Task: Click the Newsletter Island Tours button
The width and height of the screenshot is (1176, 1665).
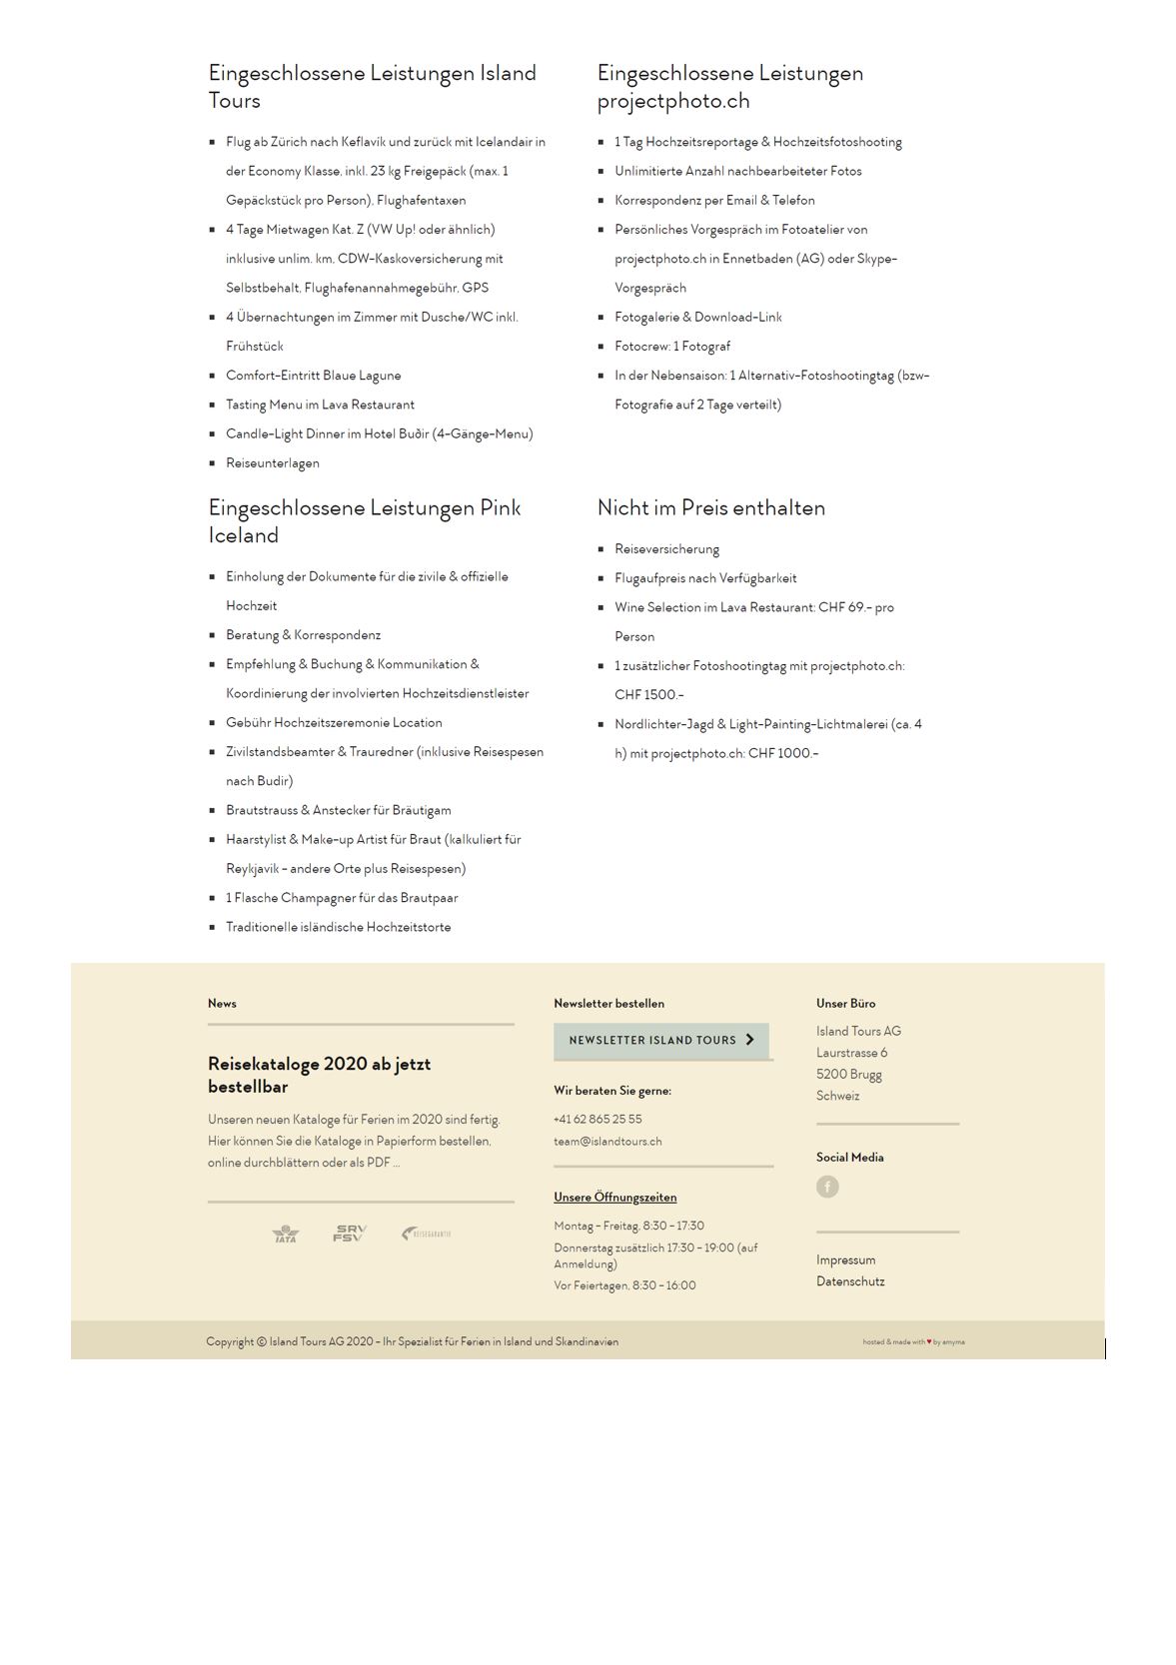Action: [x=661, y=1040]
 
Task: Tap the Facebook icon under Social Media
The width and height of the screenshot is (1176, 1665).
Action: [x=827, y=1187]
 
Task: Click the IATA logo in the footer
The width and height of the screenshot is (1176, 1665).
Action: [x=286, y=1235]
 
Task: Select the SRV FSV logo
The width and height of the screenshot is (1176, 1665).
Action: [x=350, y=1234]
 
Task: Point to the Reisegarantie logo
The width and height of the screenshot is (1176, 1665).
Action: [x=427, y=1234]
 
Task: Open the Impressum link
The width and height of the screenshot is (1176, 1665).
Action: [x=845, y=1260]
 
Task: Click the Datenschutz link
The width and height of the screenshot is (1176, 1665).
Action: [x=850, y=1281]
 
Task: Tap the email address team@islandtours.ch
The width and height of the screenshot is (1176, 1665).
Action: [x=607, y=1142]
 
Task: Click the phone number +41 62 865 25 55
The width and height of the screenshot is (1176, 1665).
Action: [x=597, y=1120]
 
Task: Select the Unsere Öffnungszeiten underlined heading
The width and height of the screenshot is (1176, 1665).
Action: [x=615, y=1198]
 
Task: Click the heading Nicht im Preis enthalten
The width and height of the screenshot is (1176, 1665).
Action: [x=711, y=507]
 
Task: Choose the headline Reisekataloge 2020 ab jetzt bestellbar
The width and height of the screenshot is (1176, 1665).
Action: [x=319, y=1075]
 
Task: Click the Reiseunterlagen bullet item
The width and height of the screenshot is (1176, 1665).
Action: [x=273, y=463]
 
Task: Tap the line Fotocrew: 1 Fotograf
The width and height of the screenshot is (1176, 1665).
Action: [x=672, y=347]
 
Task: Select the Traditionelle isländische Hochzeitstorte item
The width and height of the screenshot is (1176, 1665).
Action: [x=338, y=928]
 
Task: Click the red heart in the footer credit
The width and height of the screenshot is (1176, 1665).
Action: [x=929, y=1342]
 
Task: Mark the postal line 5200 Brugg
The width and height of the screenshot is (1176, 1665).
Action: [x=849, y=1075]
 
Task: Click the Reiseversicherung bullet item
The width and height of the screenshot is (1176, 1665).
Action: [x=666, y=549]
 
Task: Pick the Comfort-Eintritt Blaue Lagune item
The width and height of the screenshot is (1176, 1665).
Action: [x=313, y=376]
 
